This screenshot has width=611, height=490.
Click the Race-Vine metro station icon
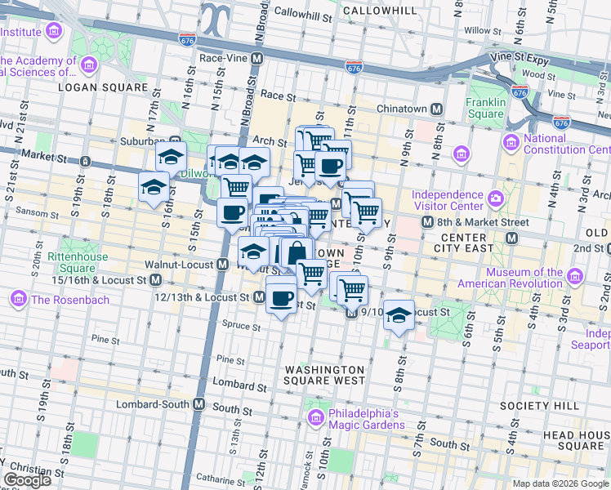[256, 59]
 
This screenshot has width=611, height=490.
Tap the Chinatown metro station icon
[437, 109]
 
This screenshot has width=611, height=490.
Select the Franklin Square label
[485, 108]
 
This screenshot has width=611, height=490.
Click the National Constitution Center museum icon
[511, 144]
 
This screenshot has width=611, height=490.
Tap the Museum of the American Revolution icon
[576, 278]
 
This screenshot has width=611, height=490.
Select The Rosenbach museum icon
[18, 300]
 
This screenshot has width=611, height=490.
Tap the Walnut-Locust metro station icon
[222, 265]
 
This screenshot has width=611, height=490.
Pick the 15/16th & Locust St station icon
[156, 280]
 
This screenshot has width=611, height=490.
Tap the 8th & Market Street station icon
[511, 238]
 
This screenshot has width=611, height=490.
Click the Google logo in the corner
[27, 479]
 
